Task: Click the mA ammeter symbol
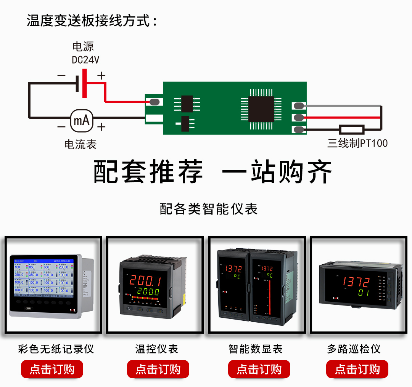(82, 121)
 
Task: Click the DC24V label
(85, 60)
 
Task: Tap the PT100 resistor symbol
(352, 130)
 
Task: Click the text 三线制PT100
(357, 144)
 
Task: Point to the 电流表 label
(80, 144)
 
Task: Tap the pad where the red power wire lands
(153, 102)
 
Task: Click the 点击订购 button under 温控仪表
(158, 369)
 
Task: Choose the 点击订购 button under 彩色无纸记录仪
(52, 369)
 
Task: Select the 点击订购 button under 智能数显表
(259, 369)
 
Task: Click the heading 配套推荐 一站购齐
(212, 172)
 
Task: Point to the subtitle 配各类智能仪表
(209, 209)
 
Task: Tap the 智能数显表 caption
(255, 349)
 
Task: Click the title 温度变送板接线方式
(92, 21)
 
